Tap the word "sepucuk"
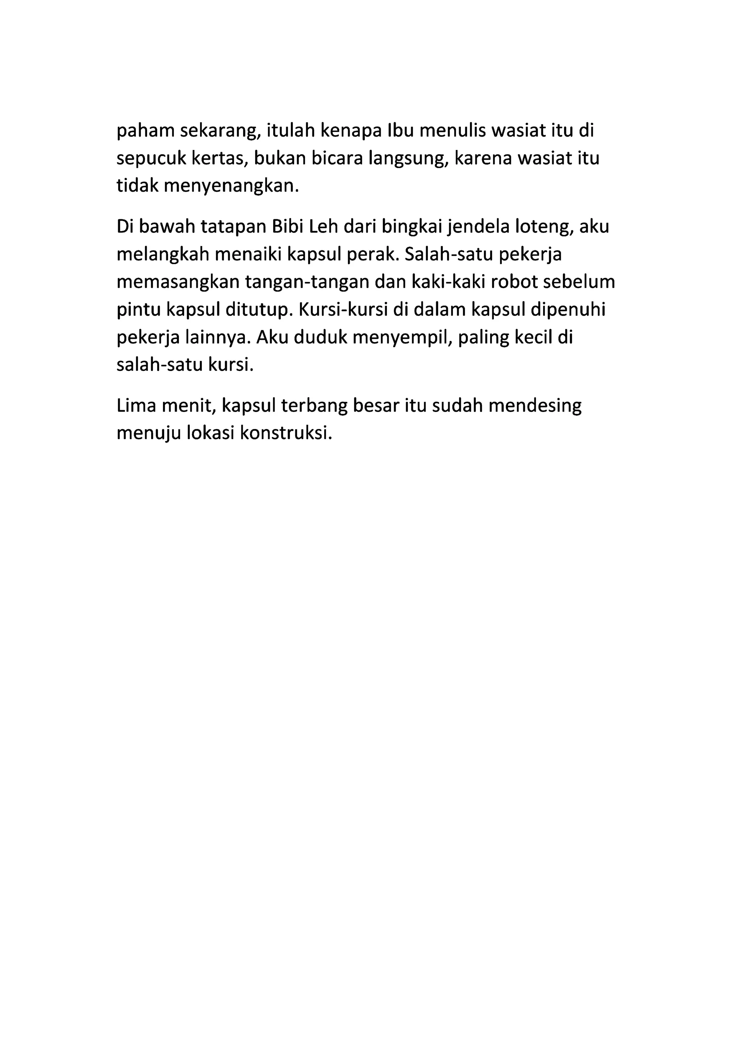point(150,159)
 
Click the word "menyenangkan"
point(231,186)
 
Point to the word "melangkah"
point(162,254)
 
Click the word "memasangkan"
point(178,282)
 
